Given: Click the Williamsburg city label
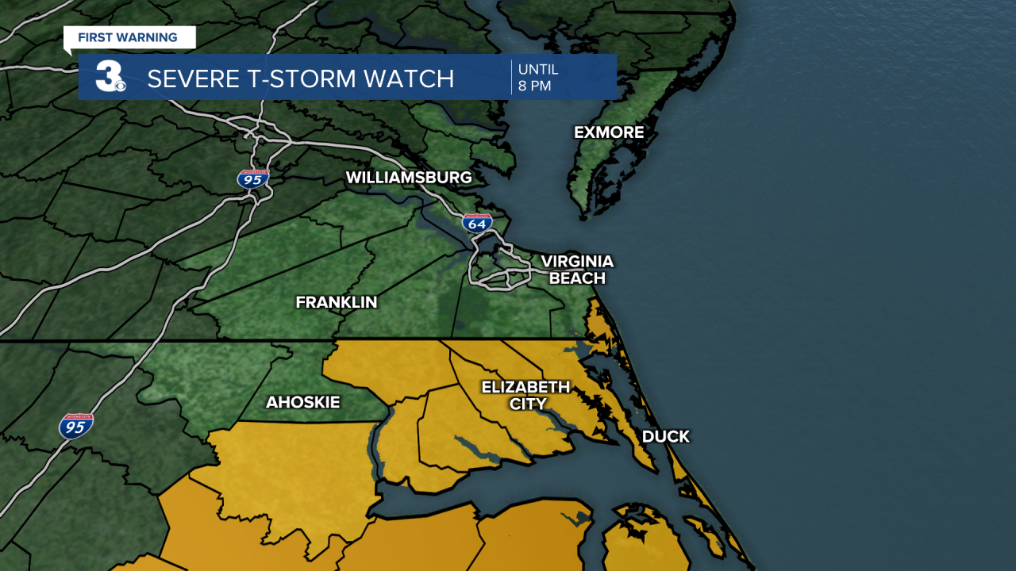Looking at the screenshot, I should click(x=409, y=178).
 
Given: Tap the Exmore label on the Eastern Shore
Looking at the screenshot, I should click(x=609, y=132).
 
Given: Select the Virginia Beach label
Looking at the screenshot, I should click(x=577, y=270).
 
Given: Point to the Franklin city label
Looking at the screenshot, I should click(x=336, y=302).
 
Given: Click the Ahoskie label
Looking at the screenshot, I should click(x=302, y=403).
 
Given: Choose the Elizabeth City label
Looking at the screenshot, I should click(x=526, y=395).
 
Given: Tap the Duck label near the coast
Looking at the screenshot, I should click(x=665, y=437).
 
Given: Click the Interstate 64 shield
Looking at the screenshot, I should click(x=477, y=223).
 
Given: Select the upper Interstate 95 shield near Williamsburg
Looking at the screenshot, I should click(x=253, y=178).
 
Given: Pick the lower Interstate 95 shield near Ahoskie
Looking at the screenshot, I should click(x=76, y=427).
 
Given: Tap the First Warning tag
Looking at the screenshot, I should click(x=128, y=37).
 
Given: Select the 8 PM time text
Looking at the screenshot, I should click(x=534, y=86).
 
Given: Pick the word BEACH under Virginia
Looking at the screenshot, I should click(x=577, y=278).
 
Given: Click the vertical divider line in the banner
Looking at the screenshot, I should click(x=511, y=77).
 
